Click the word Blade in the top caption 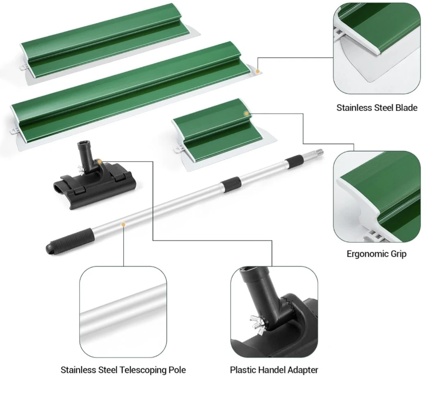click(x=406, y=108)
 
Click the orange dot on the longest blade click(x=258, y=71)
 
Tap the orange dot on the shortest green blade click(x=247, y=114)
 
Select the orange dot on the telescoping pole click(x=123, y=224)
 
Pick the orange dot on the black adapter click(x=99, y=161)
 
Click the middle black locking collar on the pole click(x=231, y=184)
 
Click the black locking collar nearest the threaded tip click(x=294, y=162)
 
